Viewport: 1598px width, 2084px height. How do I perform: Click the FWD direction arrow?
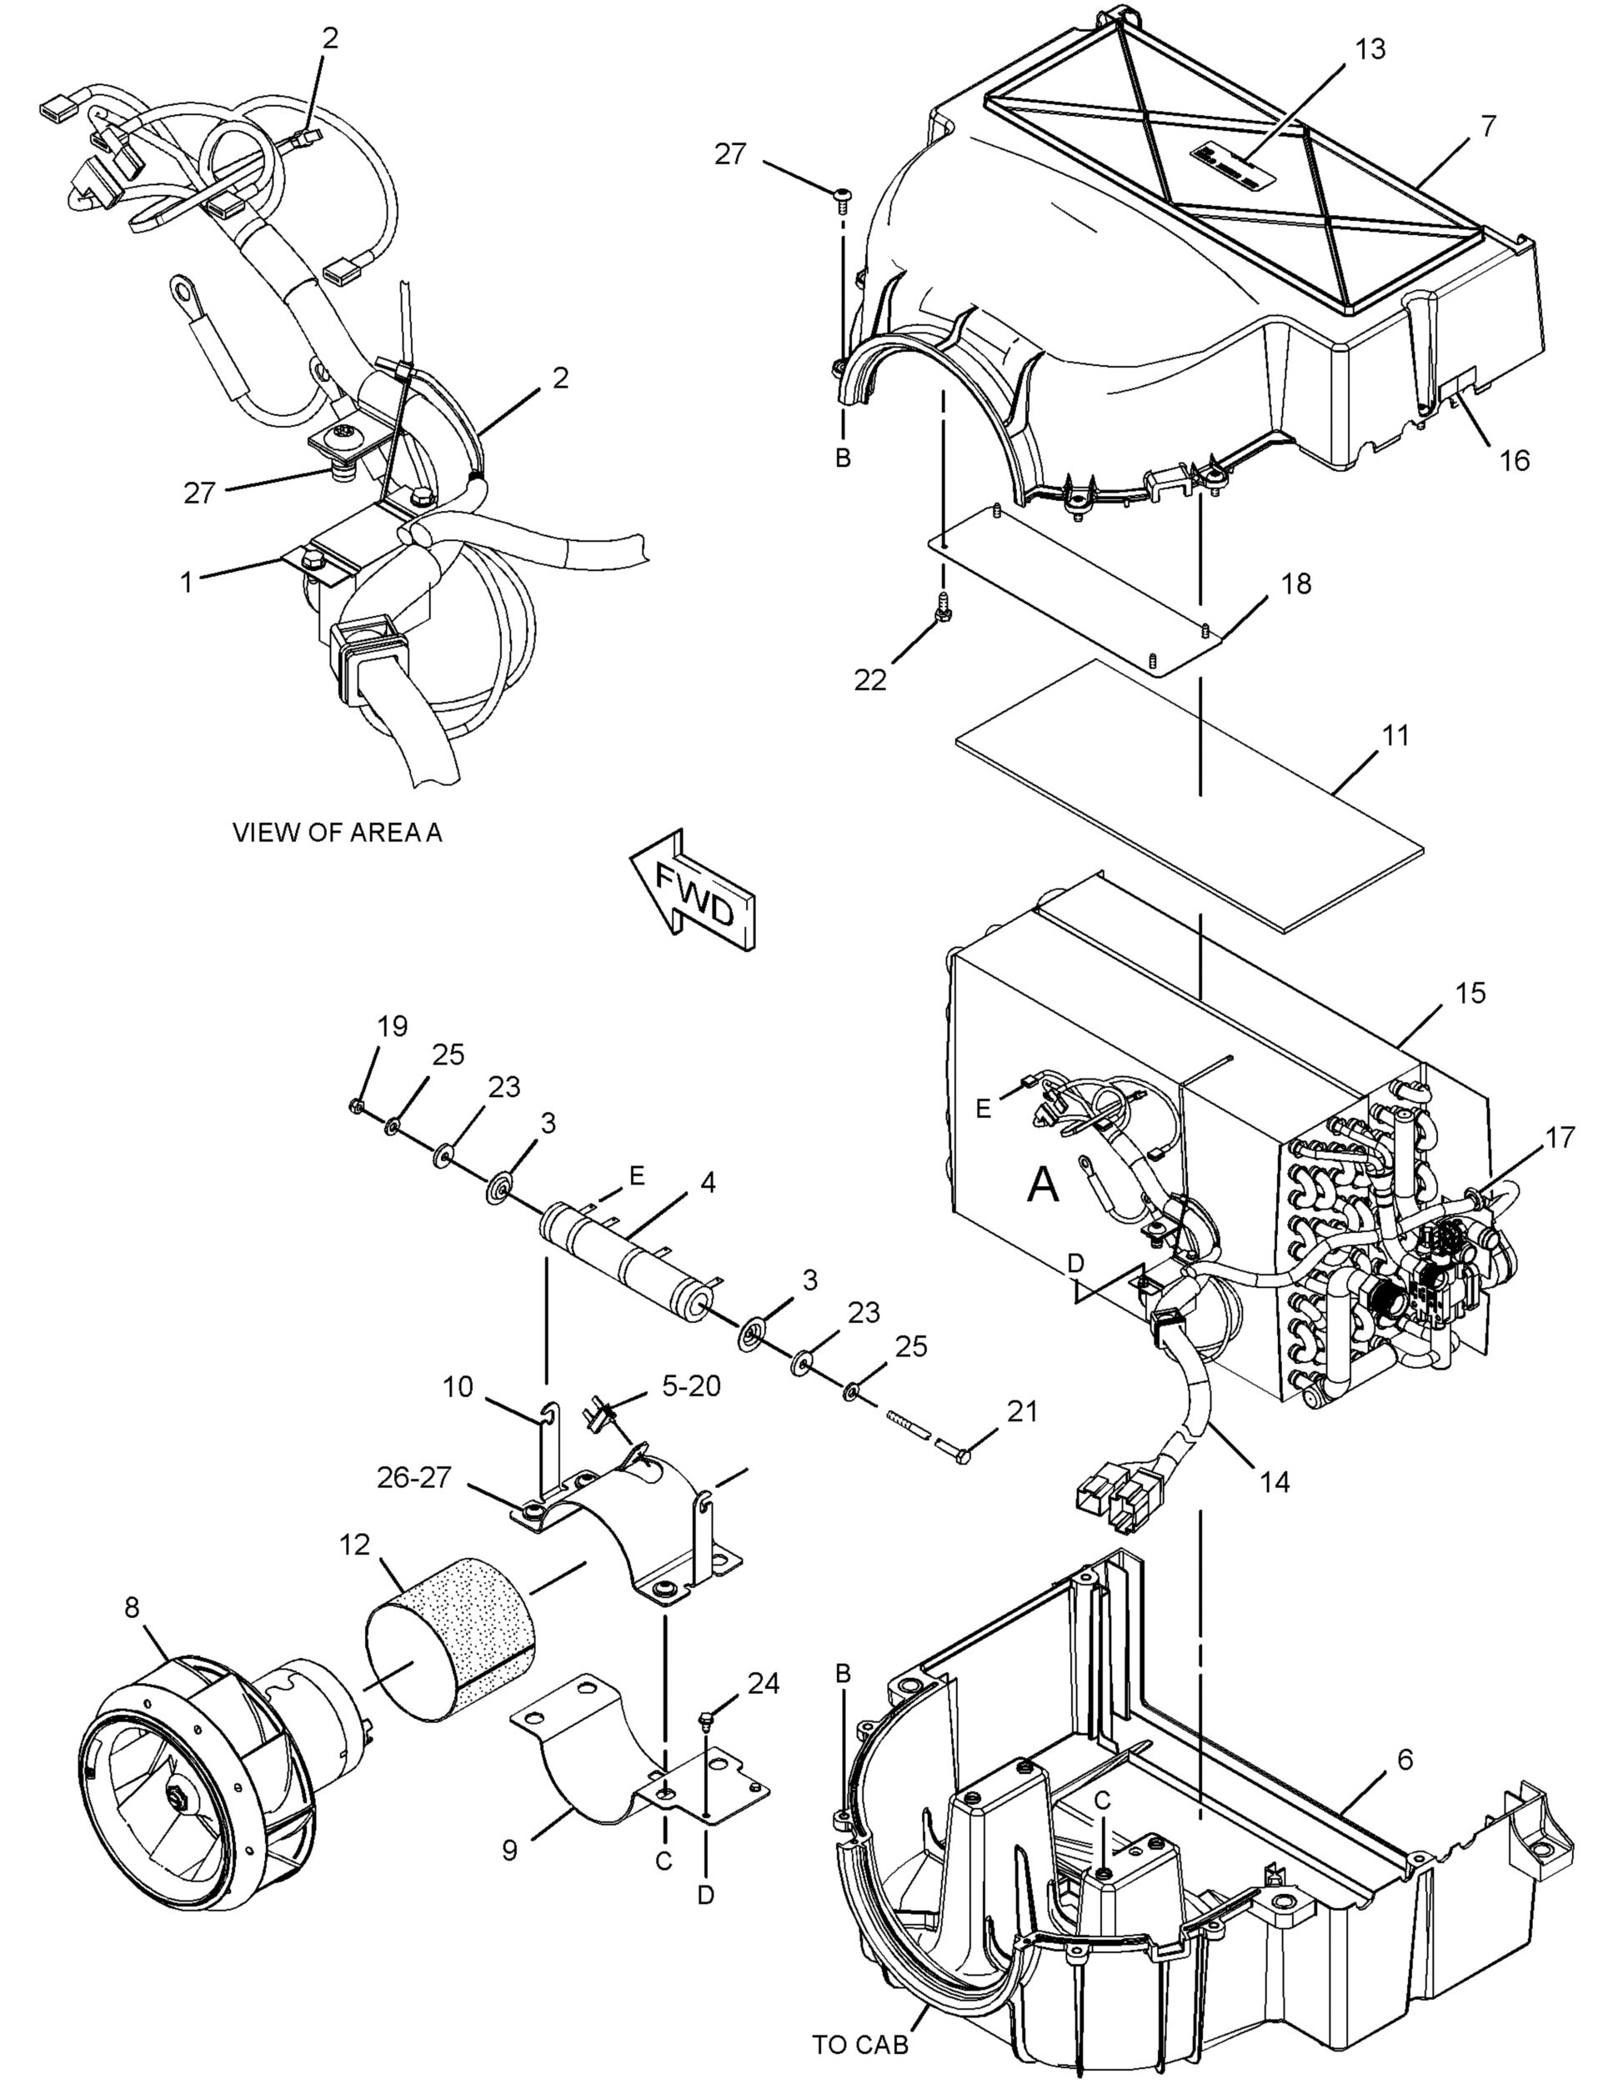coord(694,894)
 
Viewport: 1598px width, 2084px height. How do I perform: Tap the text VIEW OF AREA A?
coord(338,832)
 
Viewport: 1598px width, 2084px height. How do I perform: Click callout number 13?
coord(1370,48)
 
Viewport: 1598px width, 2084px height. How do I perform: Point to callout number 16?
coord(1515,460)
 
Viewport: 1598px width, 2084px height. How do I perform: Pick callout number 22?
coord(870,680)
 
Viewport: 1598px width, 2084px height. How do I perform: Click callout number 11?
coord(1396,735)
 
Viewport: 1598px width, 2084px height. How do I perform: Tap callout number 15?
coord(1470,993)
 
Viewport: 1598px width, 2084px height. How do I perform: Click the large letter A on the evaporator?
coord(1044,1185)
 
